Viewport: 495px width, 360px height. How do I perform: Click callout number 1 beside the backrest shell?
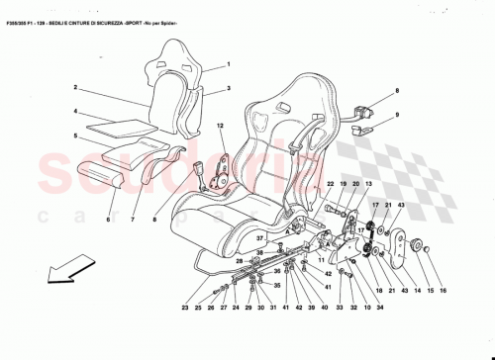tap(226, 64)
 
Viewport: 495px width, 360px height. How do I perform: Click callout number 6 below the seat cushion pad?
tap(109, 219)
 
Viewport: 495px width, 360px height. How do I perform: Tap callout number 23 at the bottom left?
tap(184, 309)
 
